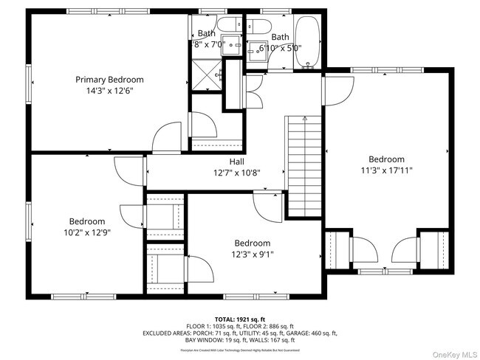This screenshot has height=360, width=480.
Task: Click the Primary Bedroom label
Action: [x=109, y=80]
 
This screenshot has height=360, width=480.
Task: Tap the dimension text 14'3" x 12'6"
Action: [x=109, y=91]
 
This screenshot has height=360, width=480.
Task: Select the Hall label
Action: [x=236, y=162]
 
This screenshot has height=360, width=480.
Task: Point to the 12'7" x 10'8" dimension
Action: [x=236, y=173]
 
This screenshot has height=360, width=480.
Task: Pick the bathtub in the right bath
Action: [x=307, y=44]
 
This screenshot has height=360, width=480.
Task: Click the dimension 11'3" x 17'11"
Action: [x=386, y=170]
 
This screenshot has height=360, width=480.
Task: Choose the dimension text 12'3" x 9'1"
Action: [x=253, y=255]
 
